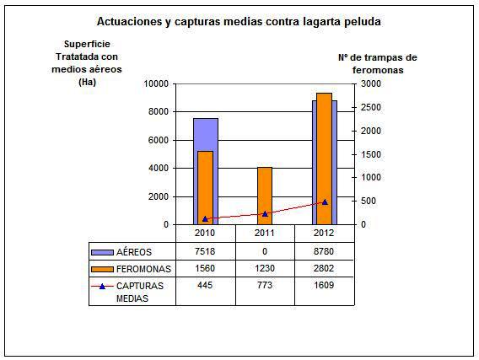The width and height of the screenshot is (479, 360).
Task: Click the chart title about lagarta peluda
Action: click(239, 22)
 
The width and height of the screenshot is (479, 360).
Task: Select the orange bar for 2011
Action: click(265, 196)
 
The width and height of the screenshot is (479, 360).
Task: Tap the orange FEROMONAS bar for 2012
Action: click(324, 159)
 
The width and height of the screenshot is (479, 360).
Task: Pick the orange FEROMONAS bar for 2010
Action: click(205, 188)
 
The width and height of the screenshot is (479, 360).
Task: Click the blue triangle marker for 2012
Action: click(325, 202)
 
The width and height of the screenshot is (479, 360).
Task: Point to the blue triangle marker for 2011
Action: click(265, 214)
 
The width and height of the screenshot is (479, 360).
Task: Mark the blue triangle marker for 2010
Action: click(205, 218)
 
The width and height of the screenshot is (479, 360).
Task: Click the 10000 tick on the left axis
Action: click(156, 83)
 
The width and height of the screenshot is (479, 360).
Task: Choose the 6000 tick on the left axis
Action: click(159, 140)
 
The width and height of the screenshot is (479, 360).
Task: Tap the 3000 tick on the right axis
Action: click(371, 83)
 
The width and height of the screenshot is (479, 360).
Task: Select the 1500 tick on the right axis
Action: click(371, 154)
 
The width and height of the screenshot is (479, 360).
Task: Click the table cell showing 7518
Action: click(205, 251)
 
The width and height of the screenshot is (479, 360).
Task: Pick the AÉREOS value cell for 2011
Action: click(265, 251)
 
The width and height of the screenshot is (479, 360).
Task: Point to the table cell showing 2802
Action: click(324, 268)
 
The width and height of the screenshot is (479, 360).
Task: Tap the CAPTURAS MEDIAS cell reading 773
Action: click(265, 285)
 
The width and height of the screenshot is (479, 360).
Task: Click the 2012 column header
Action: click(324, 233)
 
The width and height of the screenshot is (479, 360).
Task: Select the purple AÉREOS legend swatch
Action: click(102, 252)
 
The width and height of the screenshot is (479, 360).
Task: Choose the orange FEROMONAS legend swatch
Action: click(102, 269)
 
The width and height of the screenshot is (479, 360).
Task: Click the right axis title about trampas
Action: click(378, 63)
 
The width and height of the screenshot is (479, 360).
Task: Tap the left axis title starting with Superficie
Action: click(87, 63)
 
